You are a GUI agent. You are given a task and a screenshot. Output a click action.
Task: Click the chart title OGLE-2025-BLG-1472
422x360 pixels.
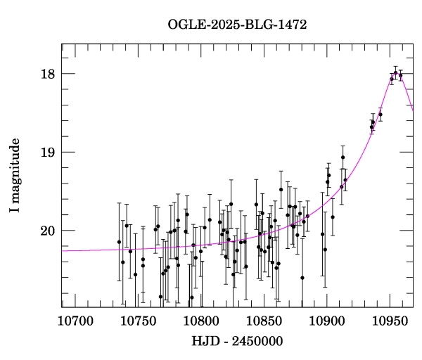point(237,25)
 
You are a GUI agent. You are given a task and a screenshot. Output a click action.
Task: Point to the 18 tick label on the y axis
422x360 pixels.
point(47,74)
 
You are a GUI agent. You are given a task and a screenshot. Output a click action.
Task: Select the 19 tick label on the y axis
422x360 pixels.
point(47,152)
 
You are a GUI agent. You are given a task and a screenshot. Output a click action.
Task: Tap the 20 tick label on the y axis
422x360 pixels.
point(47,231)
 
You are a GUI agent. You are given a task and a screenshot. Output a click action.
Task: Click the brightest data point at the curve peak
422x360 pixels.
point(395,72)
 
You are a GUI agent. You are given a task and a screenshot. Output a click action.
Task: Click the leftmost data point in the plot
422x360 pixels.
point(119,242)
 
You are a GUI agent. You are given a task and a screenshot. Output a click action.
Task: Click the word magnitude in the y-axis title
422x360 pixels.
point(15,169)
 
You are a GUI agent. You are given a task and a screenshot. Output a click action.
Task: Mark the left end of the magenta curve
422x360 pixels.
point(63,250)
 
